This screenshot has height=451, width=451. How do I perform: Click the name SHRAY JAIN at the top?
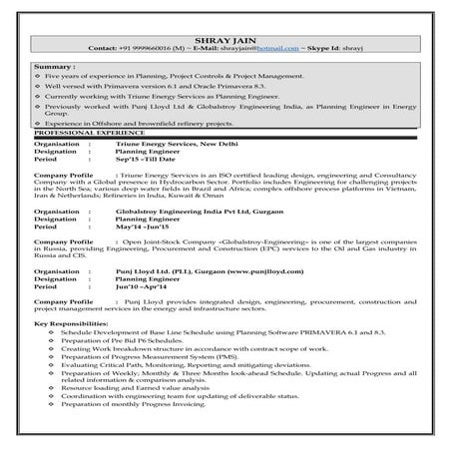(225, 36)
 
